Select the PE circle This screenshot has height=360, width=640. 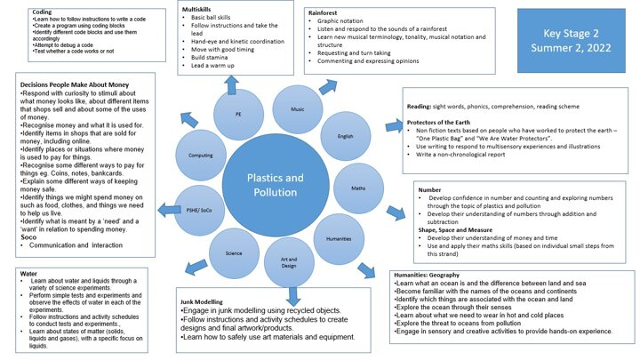pyautogui.click(x=237, y=115)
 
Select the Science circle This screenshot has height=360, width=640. pyautogui.click(x=233, y=253)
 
